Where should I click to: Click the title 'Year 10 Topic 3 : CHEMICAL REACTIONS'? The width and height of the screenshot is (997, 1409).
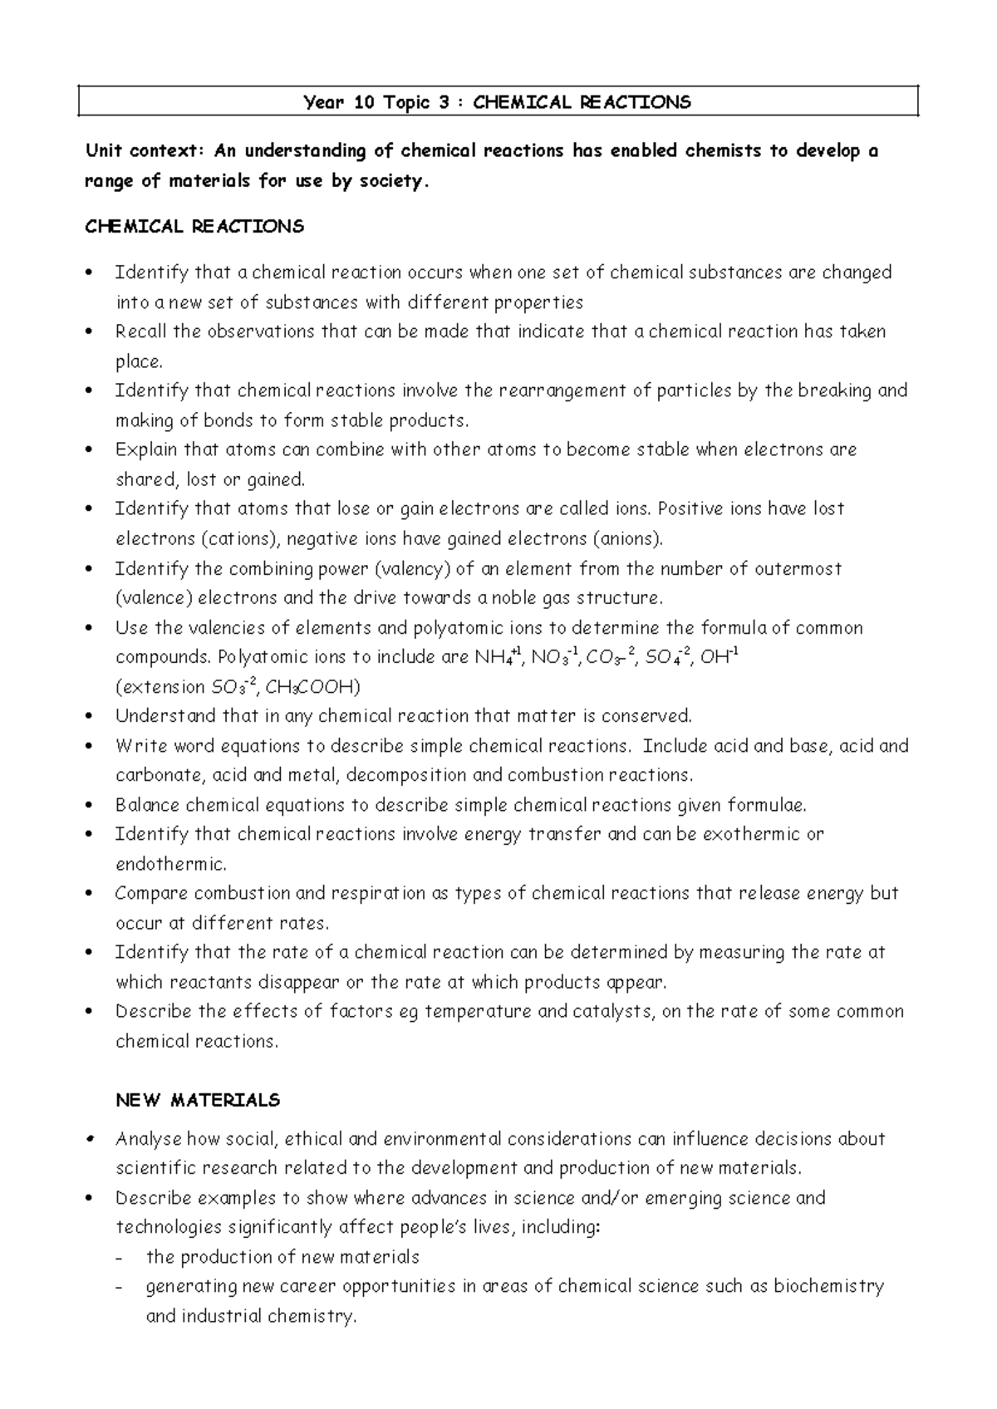click(497, 102)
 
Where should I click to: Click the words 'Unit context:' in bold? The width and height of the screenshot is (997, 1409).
click(145, 151)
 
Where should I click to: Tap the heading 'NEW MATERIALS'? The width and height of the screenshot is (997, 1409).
click(198, 1100)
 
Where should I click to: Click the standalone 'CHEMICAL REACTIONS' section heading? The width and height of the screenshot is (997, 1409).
click(194, 226)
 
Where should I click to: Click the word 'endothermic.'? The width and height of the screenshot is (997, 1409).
click(170, 864)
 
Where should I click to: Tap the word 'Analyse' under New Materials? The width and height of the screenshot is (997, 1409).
click(148, 1139)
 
